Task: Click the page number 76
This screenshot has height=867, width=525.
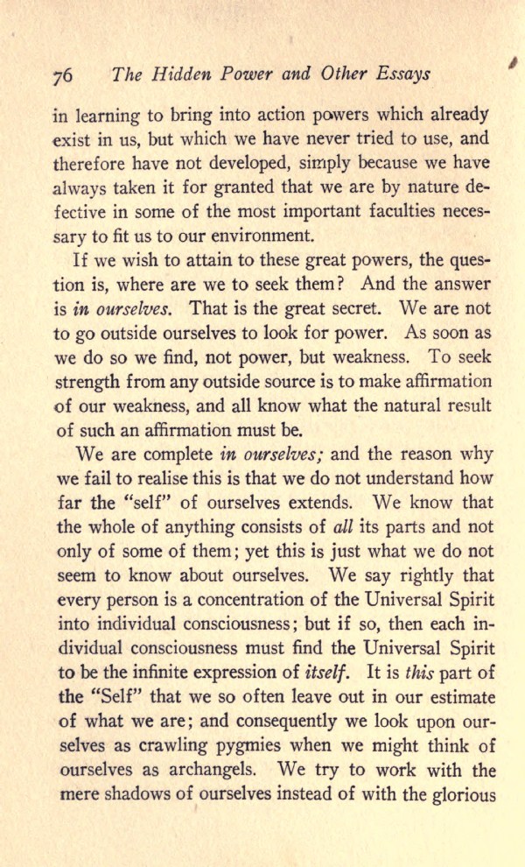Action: click(x=62, y=75)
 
